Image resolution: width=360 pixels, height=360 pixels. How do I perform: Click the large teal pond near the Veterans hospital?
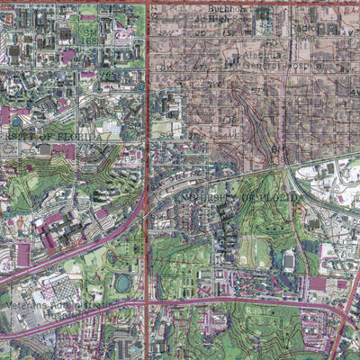click(123, 283)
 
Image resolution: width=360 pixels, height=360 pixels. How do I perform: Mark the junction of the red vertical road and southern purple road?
click(148, 304)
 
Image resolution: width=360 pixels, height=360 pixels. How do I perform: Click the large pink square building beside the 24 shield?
click(22, 255)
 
